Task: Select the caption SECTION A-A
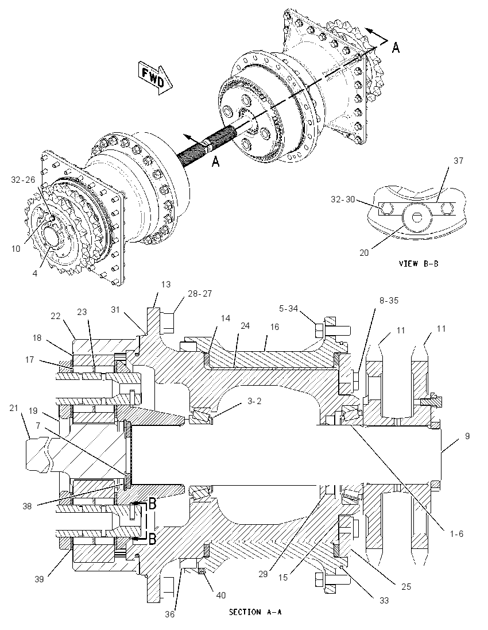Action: pyautogui.click(x=255, y=612)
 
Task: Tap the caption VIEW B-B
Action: pyautogui.click(x=419, y=264)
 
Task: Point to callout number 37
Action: pyautogui.click(x=458, y=161)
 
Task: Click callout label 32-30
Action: pyautogui.click(x=343, y=199)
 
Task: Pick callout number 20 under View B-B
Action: pyautogui.click(x=364, y=253)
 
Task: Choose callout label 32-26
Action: pyautogui.click(x=23, y=179)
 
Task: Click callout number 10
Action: pyautogui.click(x=16, y=249)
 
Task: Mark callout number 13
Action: pyautogui.click(x=166, y=285)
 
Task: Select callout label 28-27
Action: pyautogui.click(x=200, y=294)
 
